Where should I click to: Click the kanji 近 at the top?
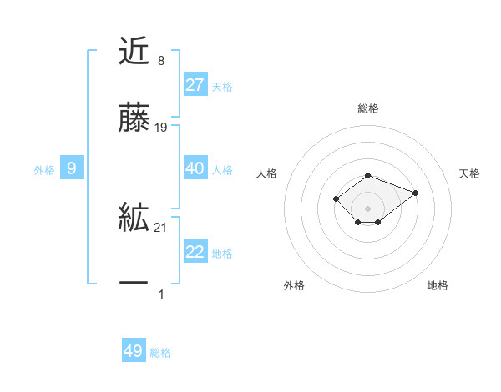[134, 52]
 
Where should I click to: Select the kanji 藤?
[134, 120]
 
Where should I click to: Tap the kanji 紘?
[134, 219]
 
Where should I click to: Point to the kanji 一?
[134, 284]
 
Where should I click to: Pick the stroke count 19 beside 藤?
[161, 128]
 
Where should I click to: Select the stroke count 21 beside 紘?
[161, 228]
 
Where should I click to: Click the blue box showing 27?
[195, 85]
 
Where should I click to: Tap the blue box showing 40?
[195, 168]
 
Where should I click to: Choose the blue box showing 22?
[195, 252]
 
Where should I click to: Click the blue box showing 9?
[72, 168]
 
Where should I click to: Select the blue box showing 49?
[134, 351]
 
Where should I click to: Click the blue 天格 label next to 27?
[222, 87]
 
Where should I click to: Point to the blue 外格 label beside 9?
[44, 170]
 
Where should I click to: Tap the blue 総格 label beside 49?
[160, 353]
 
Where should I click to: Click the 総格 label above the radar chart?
[368, 108]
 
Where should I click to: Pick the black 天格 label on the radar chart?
[469, 173]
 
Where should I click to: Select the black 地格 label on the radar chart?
[438, 285]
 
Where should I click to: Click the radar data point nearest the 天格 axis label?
[415, 193]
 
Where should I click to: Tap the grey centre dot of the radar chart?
[368, 208]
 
